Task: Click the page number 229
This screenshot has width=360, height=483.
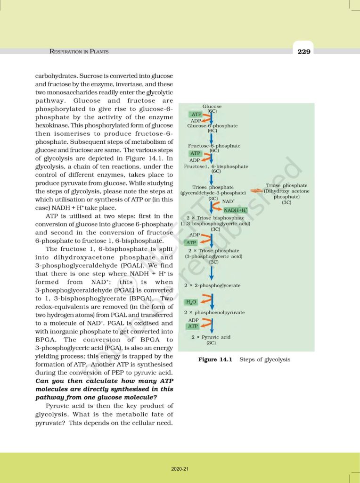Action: [304, 51]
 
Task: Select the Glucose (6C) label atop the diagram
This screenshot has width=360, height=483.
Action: [212, 109]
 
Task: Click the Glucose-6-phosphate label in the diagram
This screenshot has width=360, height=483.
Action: [212, 126]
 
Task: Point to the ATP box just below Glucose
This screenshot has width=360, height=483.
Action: [196, 115]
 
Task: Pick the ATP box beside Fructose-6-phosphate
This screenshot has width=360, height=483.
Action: [195, 153]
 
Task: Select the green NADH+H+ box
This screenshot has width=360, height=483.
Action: [236, 210]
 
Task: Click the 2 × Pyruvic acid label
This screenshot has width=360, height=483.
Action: [211, 338]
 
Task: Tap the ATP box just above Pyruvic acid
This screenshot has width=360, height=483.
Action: [193, 326]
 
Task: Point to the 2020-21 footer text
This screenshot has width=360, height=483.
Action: [180, 469]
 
